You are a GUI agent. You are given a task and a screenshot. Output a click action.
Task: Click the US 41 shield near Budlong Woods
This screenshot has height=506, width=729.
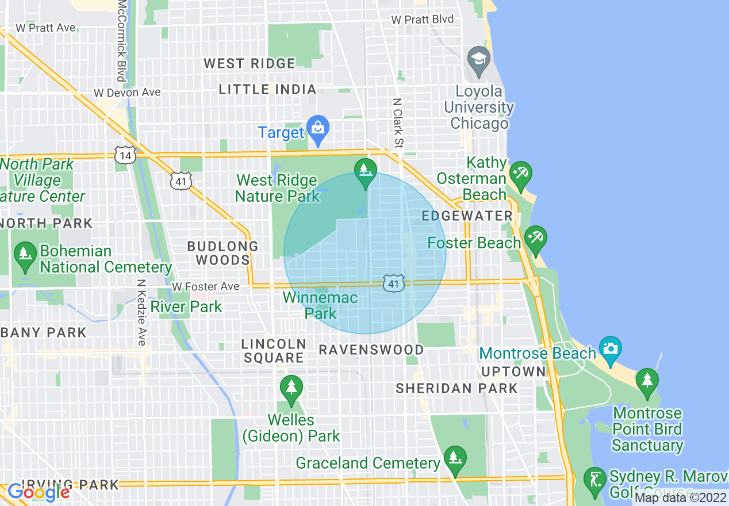181,182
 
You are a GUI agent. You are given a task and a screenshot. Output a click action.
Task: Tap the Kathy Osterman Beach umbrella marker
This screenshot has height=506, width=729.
520,174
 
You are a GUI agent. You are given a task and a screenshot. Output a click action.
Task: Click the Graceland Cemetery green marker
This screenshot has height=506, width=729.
455,459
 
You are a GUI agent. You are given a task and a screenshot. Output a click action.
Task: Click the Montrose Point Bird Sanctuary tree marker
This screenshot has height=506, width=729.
647,382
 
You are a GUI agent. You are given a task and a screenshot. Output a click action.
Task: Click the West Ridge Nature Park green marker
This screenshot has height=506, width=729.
365,172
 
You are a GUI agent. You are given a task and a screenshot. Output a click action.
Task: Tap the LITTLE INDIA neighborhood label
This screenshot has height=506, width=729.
268,89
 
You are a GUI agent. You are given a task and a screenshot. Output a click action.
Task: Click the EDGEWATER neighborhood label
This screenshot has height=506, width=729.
467,216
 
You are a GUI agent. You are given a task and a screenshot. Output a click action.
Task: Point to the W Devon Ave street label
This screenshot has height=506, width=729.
127,93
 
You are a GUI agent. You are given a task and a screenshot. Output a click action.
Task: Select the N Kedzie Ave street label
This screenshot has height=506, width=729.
141,312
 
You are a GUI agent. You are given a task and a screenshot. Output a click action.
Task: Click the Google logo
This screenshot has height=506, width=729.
39,492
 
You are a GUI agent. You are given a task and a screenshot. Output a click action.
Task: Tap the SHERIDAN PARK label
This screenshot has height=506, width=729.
456,389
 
